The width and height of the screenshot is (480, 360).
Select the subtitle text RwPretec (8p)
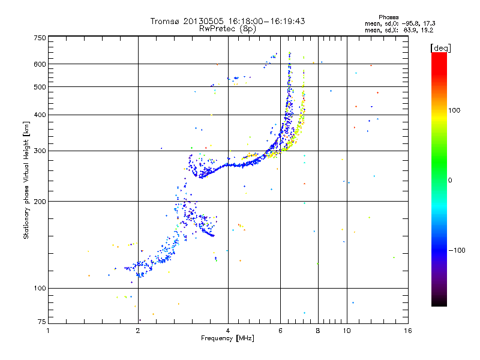coord(228,28)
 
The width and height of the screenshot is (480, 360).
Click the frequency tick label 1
coord(48,331)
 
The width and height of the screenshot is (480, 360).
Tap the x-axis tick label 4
coord(228,331)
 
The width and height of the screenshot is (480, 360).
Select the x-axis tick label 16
coord(407,331)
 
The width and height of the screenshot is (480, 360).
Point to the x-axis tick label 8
coord(318,331)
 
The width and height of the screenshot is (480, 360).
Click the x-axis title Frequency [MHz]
coord(228,338)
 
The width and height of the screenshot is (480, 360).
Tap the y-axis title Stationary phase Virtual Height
coord(26,180)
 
